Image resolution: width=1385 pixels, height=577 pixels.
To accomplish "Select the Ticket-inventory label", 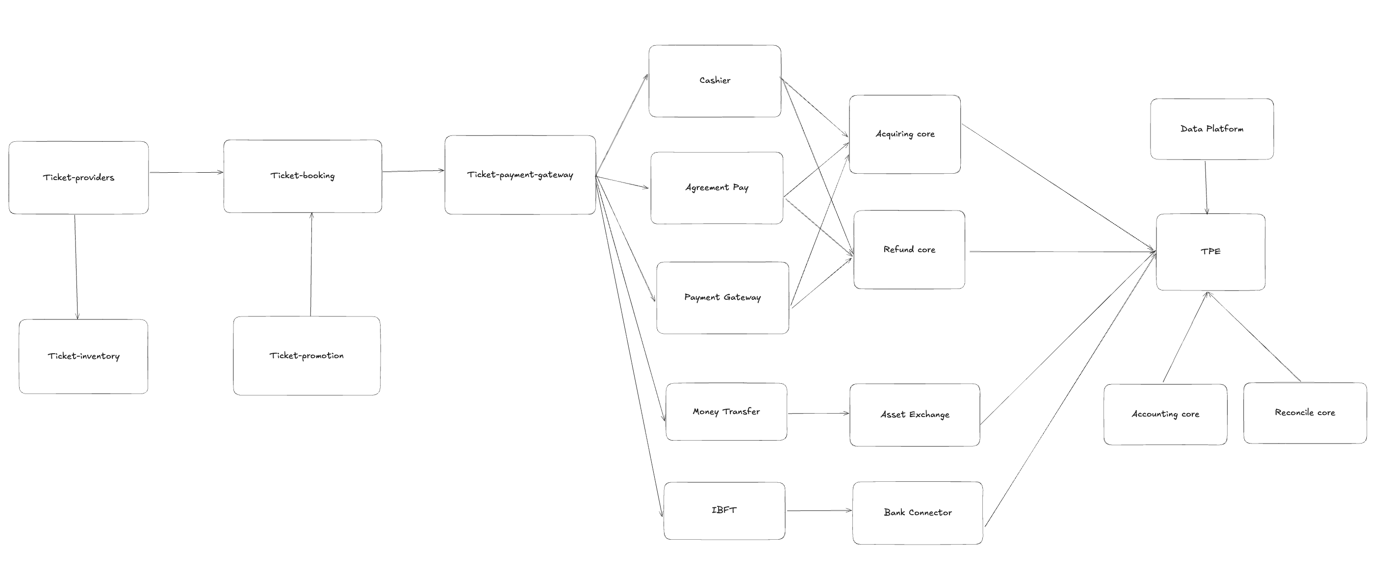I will [x=83, y=356].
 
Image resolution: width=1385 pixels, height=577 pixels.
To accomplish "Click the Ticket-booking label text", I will [x=302, y=175].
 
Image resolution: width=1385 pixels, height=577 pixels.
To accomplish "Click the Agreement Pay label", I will [x=717, y=187].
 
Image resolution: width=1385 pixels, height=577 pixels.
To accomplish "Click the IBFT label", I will [x=724, y=510].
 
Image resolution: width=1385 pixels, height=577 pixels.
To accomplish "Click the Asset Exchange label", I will [x=915, y=415].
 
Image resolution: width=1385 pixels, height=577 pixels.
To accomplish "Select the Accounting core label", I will [x=1165, y=414].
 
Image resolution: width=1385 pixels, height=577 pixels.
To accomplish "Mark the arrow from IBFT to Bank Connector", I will [x=819, y=510].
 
